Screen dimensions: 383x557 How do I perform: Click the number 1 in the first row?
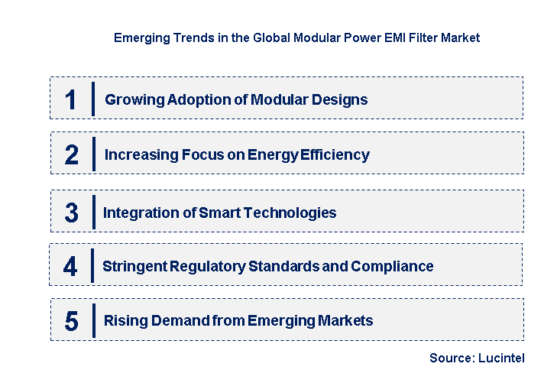(x=70, y=99)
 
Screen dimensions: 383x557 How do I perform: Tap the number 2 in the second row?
(x=71, y=155)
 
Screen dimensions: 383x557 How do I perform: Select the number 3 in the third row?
(x=71, y=213)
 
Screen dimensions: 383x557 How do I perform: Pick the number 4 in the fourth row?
(x=70, y=266)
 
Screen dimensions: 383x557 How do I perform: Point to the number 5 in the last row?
(x=71, y=321)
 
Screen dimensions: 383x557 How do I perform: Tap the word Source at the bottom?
(x=450, y=358)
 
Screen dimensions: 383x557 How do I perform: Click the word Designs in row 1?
(x=341, y=99)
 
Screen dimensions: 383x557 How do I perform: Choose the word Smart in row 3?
(x=218, y=213)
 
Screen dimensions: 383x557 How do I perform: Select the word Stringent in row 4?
(x=134, y=266)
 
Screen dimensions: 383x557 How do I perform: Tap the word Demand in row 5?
(x=178, y=320)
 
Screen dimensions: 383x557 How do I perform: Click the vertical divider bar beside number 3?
(x=92, y=212)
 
